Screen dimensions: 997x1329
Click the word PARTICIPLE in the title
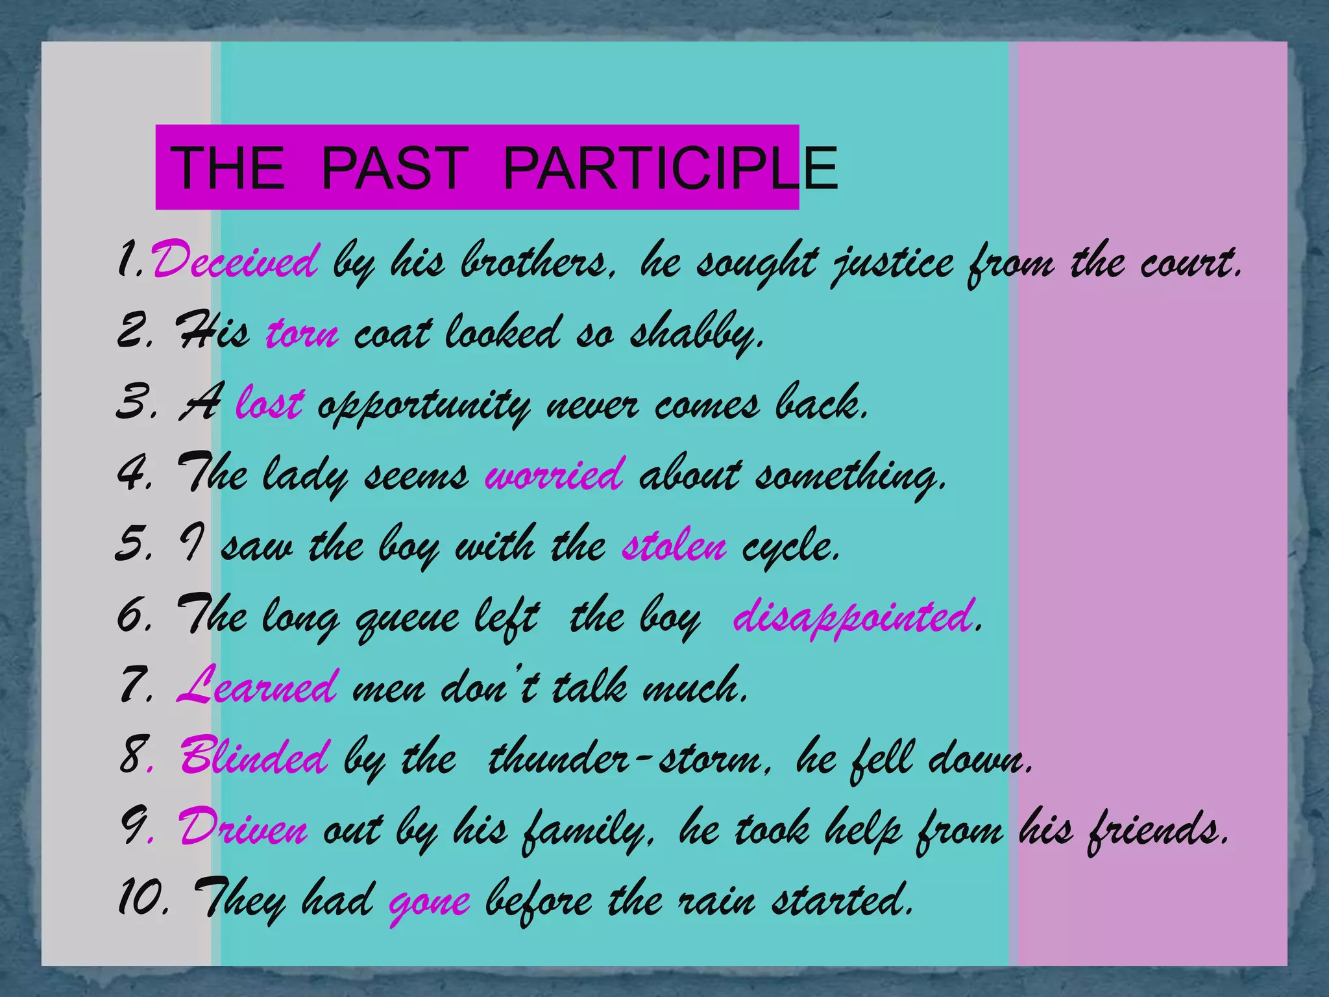tap(670, 168)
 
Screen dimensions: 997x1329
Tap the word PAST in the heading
tap(395, 168)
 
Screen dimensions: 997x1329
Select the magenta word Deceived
tap(235, 262)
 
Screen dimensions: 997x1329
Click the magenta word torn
tap(302, 334)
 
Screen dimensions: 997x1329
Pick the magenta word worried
tap(555, 474)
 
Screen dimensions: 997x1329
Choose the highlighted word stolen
tap(674, 546)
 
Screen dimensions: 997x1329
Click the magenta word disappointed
tap(853, 617)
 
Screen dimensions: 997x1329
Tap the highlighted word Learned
tap(257, 687)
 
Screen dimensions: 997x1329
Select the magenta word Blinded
tap(254, 757)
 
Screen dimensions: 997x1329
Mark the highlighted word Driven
tap(243, 829)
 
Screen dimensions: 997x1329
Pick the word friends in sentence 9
tap(1156, 829)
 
